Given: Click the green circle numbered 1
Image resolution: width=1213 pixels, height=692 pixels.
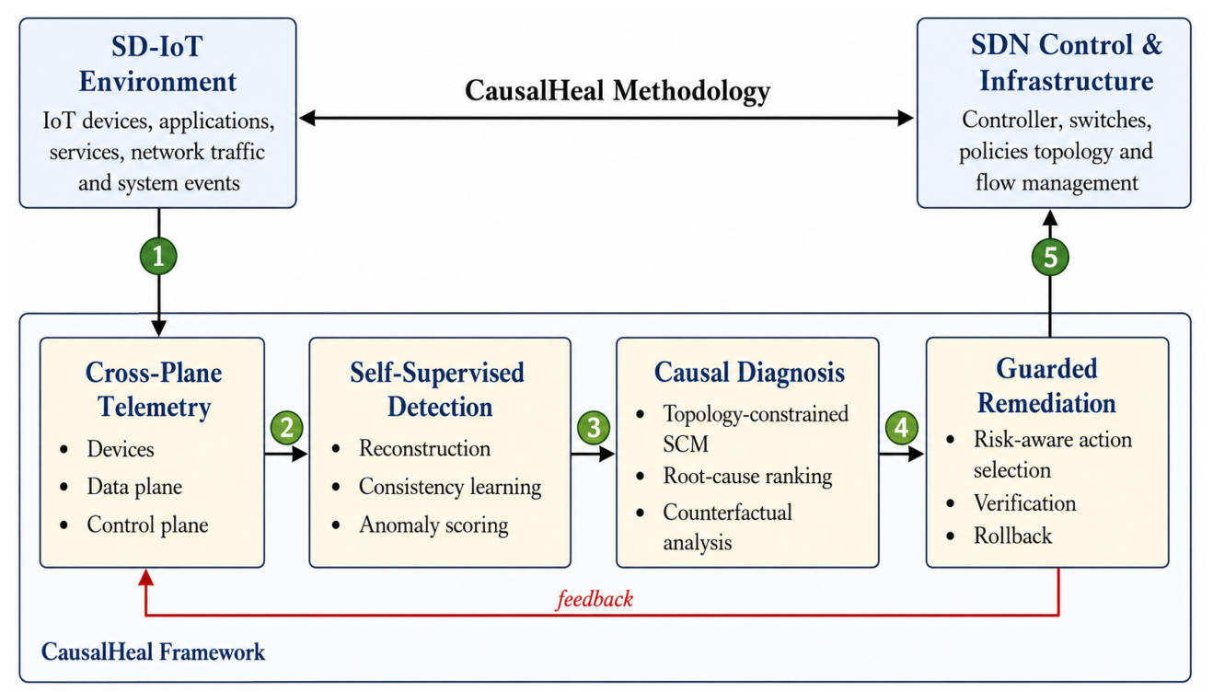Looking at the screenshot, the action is [158, 256].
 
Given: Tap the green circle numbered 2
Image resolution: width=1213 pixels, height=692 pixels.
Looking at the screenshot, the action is [286, 428].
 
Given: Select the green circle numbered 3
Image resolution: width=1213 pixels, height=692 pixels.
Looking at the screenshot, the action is [594, 428].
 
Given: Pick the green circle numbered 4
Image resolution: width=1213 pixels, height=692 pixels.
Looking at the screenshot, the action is [902, 428].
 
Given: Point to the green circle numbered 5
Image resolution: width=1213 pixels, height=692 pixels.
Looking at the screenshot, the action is [1050, 257].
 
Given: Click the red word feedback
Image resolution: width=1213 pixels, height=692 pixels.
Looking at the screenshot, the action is [595, 599].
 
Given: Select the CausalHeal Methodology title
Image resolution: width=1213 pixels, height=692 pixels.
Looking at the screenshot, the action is [618, 90].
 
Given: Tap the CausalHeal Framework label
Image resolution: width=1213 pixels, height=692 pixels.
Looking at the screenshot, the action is [154, 652].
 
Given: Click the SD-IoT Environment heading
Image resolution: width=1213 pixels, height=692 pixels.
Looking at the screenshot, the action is [157, 63].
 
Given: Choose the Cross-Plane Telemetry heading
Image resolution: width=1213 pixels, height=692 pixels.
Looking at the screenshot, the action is [154, 390].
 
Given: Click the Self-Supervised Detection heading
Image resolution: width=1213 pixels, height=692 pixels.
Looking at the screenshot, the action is [437, 390].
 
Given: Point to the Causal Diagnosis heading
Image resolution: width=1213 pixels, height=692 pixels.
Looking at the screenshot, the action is [749, 373].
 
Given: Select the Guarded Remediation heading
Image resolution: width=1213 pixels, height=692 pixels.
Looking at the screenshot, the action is [1046, 386].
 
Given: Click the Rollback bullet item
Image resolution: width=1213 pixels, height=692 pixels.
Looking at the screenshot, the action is [1012, 536].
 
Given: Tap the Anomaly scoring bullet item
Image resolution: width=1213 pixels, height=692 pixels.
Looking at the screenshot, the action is [433, 525].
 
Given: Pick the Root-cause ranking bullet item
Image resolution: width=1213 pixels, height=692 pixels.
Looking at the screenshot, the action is [747, 476].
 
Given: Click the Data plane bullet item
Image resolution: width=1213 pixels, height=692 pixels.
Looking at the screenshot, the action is [134, 487].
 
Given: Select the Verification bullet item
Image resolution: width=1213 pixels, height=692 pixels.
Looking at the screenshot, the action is [1024, 503].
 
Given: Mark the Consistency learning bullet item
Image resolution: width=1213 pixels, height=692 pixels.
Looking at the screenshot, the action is [450, 487].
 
